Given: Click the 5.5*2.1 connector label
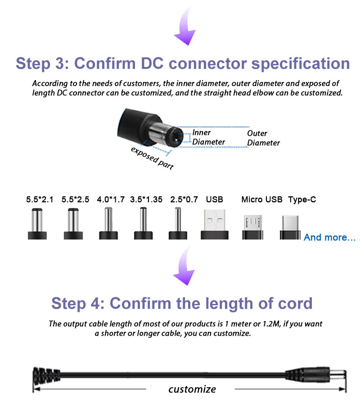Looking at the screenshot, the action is [40, 199].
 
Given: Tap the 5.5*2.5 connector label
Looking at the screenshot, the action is [75, 199].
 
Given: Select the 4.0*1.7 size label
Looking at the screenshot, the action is [111, 199].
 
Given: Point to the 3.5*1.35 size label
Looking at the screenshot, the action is [146, 199].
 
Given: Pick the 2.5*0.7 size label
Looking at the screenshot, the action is [184, 199].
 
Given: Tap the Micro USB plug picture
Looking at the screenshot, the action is [252, 227].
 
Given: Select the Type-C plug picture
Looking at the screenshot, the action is [290, 227].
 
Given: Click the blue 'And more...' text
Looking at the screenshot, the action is [330, 237].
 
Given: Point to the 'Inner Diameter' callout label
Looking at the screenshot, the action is [208, 137].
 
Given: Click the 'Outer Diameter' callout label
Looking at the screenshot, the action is [264, 138].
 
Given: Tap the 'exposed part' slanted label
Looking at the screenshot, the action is [152, 158].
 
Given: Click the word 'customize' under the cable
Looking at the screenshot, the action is [192, 389].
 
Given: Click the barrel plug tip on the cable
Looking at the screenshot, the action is [337, 374].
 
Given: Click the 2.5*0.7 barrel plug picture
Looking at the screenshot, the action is [178, 223].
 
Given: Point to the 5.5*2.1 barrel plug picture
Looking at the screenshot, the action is [37, 224].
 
